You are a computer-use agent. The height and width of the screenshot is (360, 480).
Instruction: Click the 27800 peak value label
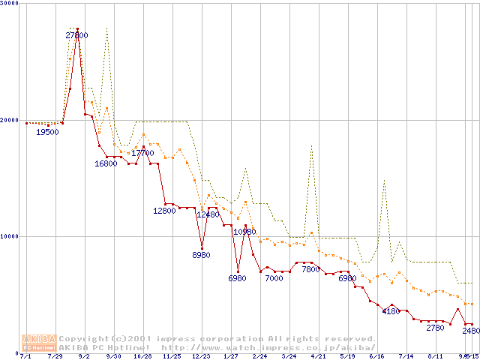pyautogui.click(x=76, y=35)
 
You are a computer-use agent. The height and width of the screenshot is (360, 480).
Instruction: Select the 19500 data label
pyautogui.click(x=48, y=132)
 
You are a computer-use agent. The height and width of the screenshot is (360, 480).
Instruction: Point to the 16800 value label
pyautogui.click(x=106, y=163)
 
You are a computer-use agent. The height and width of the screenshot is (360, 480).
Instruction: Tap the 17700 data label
pyautogui.click(x=142, y=153)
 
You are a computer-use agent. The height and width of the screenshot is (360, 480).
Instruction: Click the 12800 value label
pyautogui.click(x=164, y=211)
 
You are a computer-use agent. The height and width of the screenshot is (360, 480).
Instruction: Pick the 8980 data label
pyautogui.click(x=202, y=256)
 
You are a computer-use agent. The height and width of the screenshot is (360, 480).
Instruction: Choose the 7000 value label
pyautogui.click(x=274, y=278)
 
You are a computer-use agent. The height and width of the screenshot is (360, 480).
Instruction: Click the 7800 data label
pyautogui.click(x=310, y=269)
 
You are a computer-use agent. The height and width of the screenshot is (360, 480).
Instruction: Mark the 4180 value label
pyautogui.click(x=391, y=311)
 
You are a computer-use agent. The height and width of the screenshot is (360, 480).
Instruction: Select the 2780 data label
pyautogui.click(x=435, y=328)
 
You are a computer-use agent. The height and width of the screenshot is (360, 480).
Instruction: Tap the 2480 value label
pyautogui.click(x=471, y=331)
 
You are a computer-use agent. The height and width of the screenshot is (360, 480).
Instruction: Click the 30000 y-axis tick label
pyautogui.click(x=10, y=3)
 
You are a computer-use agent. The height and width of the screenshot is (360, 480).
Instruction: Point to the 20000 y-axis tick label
pyautogui.click(x=10, y=119)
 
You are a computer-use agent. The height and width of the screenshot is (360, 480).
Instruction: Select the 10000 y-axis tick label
pyautogui.click(x=10, y=236)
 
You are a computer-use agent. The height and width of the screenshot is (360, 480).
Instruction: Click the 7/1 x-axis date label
pyautogui.click(x=26, y=357)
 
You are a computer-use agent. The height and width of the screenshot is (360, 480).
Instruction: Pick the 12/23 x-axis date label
pyautogui.click(x=200, y=357)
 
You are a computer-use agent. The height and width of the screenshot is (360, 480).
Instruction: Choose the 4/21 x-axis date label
pyautogui.click(x=317, y=357)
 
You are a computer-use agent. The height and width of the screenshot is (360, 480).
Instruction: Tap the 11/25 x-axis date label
pyautogui.click(x=172, y=357)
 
